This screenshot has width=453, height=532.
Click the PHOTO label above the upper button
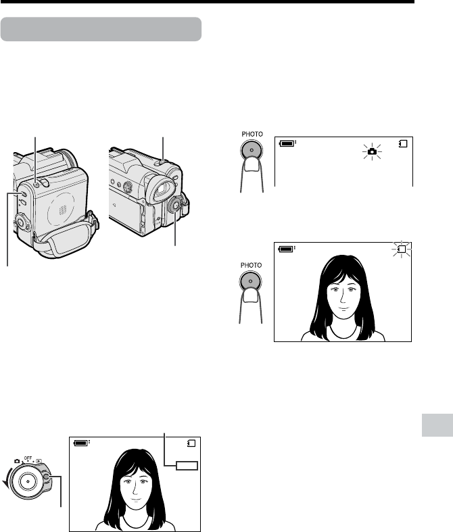252,134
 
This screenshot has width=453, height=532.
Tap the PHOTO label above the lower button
251,265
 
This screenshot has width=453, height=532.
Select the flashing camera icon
373,151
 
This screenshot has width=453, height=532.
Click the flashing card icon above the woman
402,249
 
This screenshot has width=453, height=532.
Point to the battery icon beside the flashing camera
287,143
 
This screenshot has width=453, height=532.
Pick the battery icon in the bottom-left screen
81,443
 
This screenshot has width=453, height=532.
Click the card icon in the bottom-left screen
191,443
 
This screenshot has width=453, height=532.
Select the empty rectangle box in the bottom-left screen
187,466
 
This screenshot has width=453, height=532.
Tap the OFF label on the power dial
28,458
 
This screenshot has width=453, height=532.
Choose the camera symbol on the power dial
17,461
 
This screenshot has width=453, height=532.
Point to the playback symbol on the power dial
39,461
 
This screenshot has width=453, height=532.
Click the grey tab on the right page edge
437,425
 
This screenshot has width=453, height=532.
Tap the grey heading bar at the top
101,29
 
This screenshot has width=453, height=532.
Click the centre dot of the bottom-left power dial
28,481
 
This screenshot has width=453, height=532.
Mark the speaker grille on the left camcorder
63,210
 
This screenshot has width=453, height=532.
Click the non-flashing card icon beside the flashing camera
403,144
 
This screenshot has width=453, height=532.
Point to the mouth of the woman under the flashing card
343,309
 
